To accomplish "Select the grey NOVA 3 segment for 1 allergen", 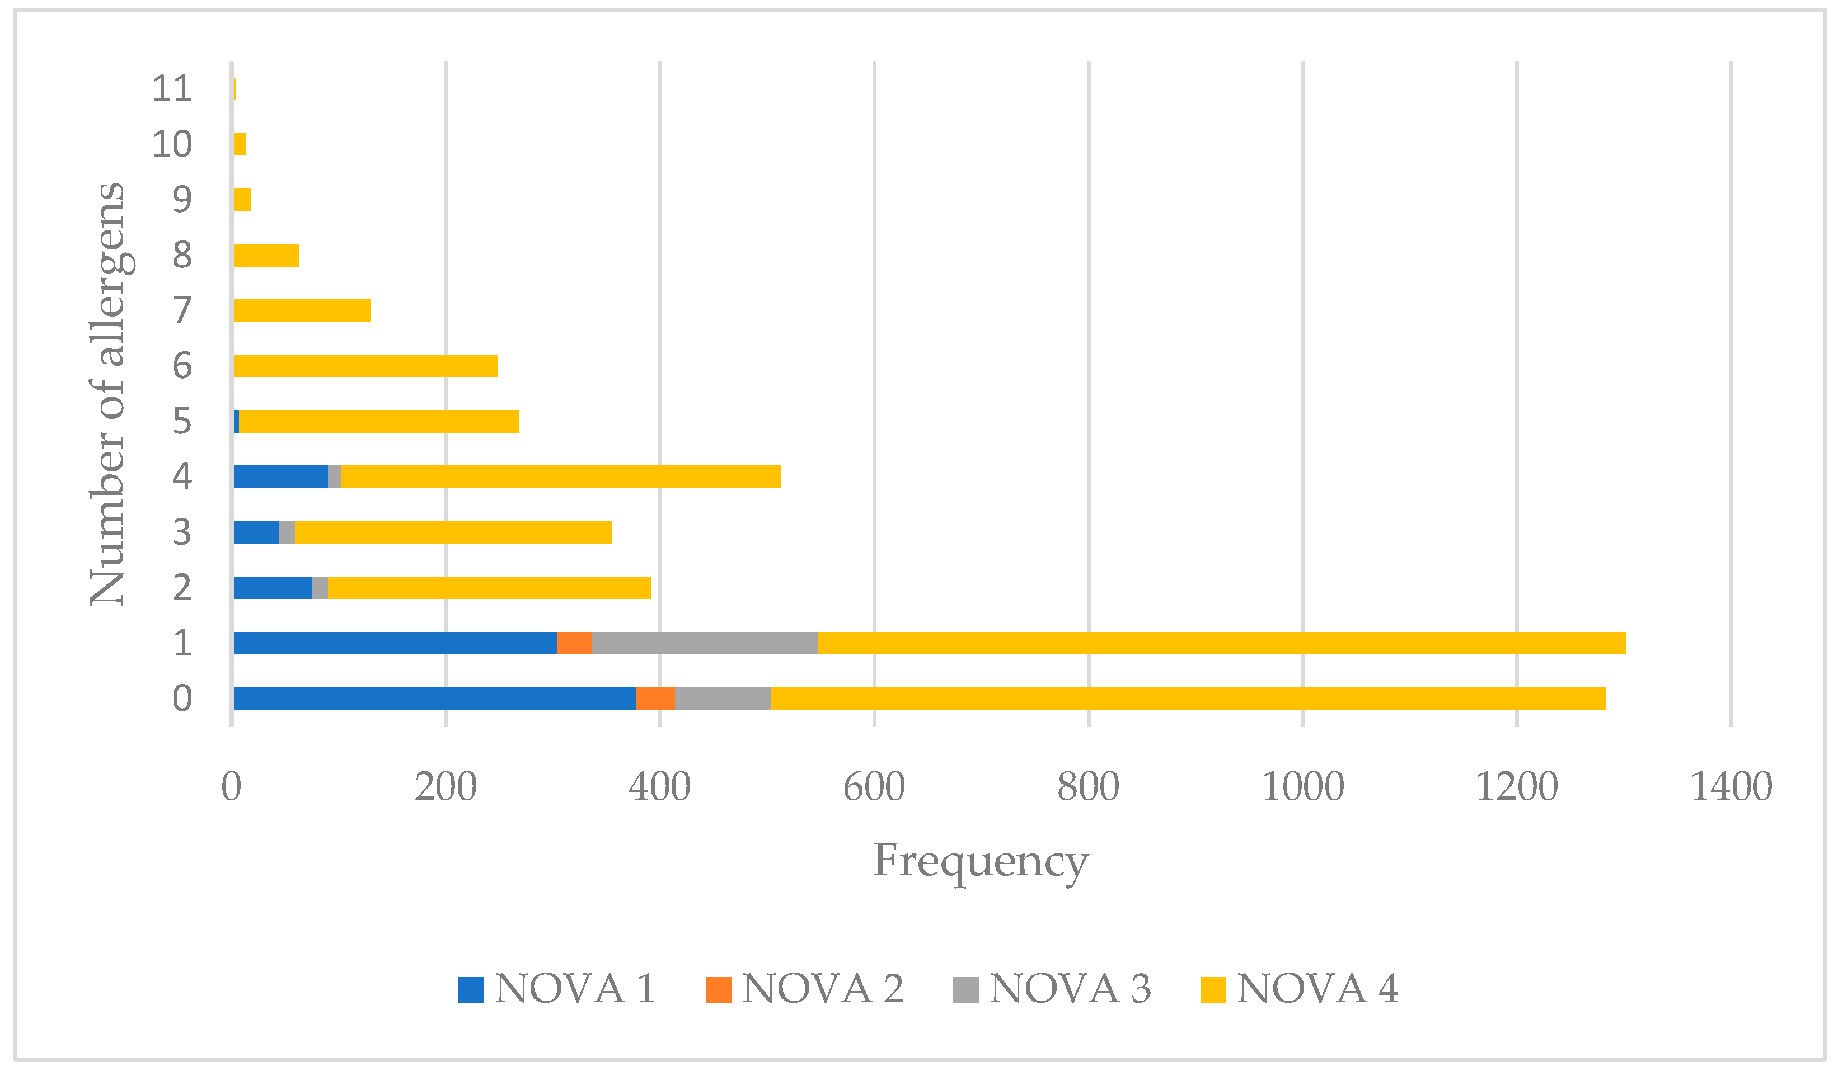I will (x=705, y=643).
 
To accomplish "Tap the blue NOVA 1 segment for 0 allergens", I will (x=435, y=699).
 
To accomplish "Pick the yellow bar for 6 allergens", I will (x=365, y=366).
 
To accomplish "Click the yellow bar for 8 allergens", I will (x=266, y=255).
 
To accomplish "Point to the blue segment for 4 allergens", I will (x=281, y=477).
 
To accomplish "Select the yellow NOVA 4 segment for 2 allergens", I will (x=489, y=588).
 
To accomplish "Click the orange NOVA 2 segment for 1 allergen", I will (x=574, y=643).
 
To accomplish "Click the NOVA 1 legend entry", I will (x=558, y=989).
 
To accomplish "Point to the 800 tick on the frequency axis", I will (x=1088, y=787).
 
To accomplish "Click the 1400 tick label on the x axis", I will (x=1731, y=787).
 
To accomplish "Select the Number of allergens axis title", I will (x=108, y=394).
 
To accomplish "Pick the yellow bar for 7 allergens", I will (x=302, y=310).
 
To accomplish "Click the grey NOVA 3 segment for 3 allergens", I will (x=287, y=532).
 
